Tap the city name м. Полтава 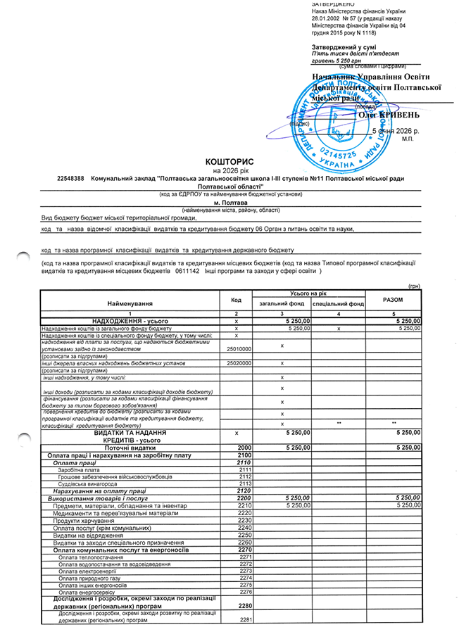(x=222, y=202)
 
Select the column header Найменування (x=130, y=303)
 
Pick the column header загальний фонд (x=282, y=304)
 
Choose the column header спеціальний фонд (x=338, y=304)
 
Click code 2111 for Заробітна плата (x=245, y=469)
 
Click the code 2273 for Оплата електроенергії (x=245, y=571)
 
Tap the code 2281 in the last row (x=245, y=619)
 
